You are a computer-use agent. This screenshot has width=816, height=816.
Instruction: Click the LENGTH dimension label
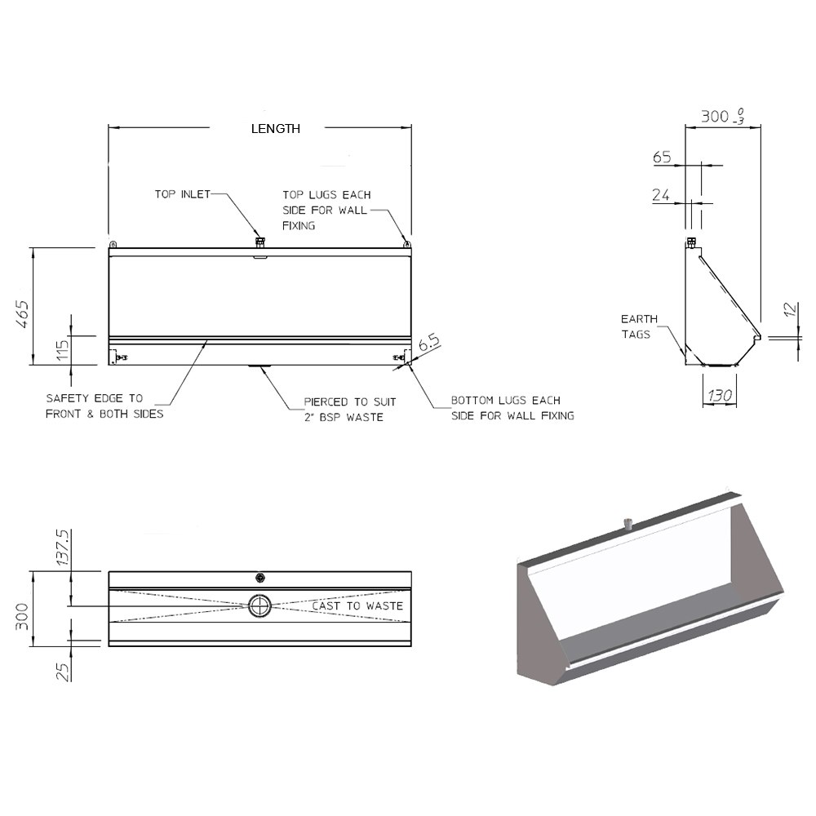point(275,128)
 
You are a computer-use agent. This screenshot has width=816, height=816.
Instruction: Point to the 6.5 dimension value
point(428,344)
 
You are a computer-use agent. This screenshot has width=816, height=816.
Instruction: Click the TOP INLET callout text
point(183,194)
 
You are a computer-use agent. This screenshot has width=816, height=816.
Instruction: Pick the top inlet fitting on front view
point(259,242)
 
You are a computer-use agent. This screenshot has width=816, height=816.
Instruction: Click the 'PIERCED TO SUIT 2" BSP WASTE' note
point(349,410)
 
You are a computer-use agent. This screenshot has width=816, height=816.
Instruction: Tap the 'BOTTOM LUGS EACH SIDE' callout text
point(512,408)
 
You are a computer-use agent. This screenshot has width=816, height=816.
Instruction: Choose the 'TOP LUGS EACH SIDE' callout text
point(326,210)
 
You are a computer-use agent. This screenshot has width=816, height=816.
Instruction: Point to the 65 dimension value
point(661,157)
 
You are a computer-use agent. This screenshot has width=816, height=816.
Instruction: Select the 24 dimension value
point(662,195)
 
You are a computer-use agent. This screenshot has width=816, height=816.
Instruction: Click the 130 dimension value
point(720,396)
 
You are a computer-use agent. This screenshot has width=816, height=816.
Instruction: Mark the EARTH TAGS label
point(638,326)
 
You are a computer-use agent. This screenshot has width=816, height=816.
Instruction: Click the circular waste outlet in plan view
point(259,605)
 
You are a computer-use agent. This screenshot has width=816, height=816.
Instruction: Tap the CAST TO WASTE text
point(357,605)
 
